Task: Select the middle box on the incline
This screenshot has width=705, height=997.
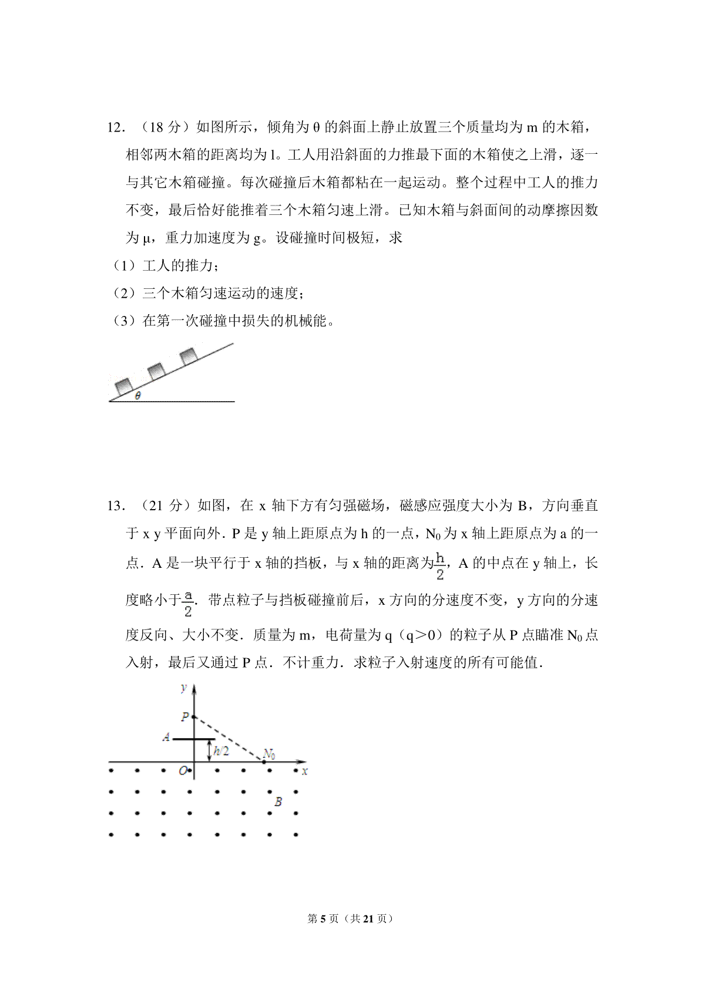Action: [x=157, y=370]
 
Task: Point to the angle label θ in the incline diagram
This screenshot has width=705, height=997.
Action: [x=138, y=396]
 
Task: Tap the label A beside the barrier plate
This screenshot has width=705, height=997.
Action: [x=166, y=737]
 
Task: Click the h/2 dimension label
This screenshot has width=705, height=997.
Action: [x=220, y=750]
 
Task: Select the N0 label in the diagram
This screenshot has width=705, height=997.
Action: [x=270, y=753]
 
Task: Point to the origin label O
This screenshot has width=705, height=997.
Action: [x=183, y=771]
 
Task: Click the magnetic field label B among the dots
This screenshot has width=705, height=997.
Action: [x=278, y=801]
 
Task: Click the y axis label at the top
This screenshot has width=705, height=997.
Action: [x=184, y=687]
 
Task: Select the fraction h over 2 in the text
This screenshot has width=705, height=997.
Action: [x=440, y=566]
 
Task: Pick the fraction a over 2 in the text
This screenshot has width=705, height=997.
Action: [x=188, y=603]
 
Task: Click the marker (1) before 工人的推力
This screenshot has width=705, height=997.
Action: [x=125, y=266]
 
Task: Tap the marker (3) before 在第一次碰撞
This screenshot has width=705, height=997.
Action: [x=125, y=321]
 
